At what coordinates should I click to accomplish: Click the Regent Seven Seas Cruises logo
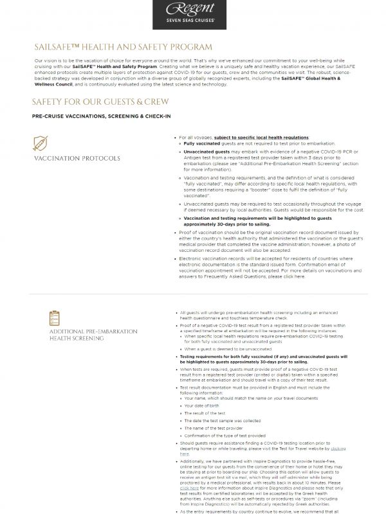pos(192,14)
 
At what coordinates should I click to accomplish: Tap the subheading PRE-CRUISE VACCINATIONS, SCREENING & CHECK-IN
pos(100,116)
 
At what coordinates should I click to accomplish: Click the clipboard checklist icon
pos(55,317)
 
